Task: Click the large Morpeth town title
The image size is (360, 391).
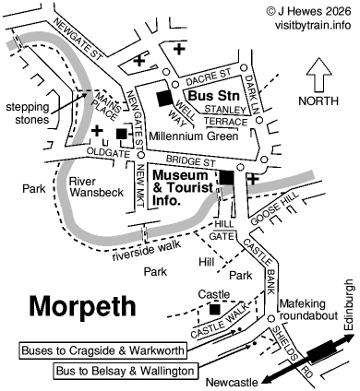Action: click(x=82, y=305)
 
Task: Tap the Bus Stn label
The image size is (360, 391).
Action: click(x=210, y=95)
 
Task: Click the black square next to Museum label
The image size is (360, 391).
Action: click(x=225, y=178)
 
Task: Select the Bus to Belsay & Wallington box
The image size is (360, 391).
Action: click(x=124, y=371)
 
